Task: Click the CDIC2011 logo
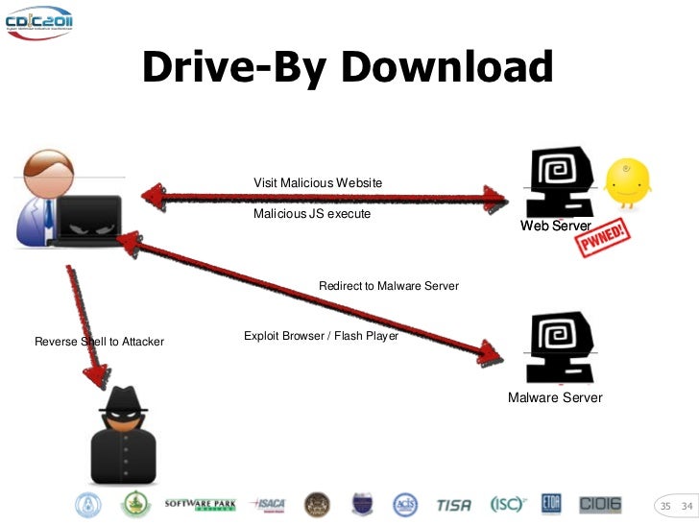[38, 21]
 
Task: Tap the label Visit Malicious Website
[318, 182]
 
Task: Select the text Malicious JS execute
[312, 214]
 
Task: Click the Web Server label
[555, 226]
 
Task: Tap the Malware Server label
[555, 397]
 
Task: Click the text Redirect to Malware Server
[389, 286]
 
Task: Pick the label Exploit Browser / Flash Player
[321, 337]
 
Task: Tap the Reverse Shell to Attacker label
[99, 342]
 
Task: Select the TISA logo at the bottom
[453, 504]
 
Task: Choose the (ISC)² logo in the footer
[507, 504]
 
